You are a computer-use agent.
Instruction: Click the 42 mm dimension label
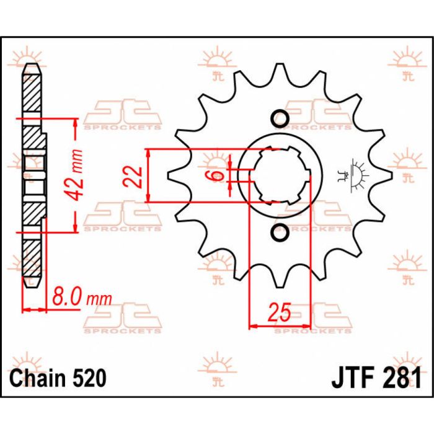pos(76,175)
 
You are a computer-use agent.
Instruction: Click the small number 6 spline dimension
pos(218,175)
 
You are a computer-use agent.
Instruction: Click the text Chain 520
pos(57,378)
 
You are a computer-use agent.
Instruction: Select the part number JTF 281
pos(376,378)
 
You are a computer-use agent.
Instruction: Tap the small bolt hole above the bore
pos(279,118)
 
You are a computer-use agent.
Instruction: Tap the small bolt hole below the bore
pos(279,233)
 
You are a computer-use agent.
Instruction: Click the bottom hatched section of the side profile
pos(34,260)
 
